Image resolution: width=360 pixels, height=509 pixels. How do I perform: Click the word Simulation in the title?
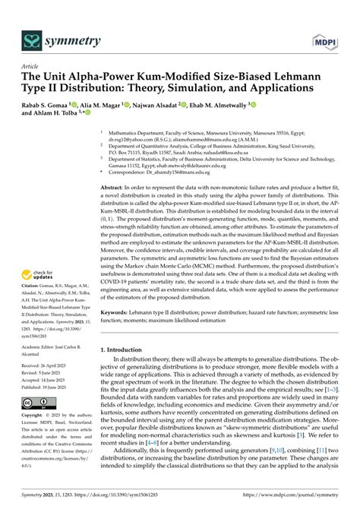pyautogui.click(x=215, y=88)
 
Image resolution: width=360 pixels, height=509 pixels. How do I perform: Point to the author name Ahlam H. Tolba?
pyautogui.click(x=52, y=112)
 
